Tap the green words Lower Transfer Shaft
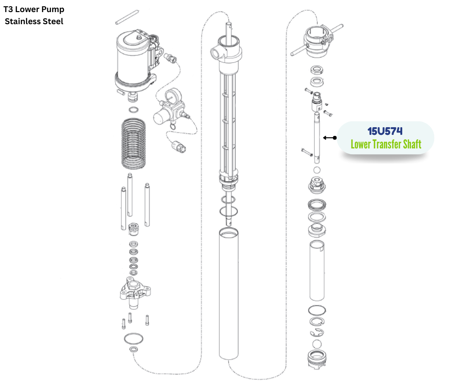tap(386, 144)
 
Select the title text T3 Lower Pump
tap(34, 9)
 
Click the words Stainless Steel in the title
tap(34, 21)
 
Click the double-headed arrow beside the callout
tap(330, 138)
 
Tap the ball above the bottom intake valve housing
tap(317, 344)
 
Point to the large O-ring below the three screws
tap(133, 337)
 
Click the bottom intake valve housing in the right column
tap(317, 362)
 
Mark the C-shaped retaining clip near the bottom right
tap(317, 332)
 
